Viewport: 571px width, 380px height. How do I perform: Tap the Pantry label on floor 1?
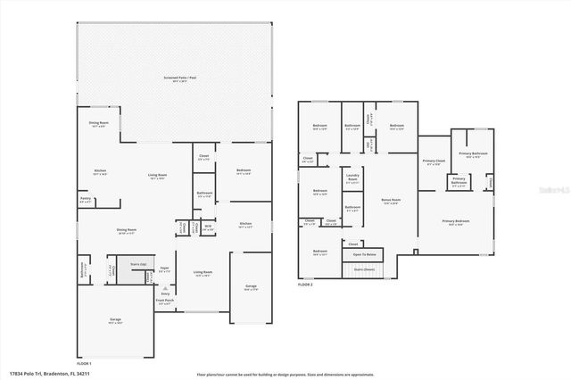coord(86,199)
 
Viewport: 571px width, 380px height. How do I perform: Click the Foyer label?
coord(164,268)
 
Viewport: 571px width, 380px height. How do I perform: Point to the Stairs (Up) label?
coord(137,265)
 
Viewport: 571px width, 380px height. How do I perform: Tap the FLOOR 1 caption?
coord(84,364)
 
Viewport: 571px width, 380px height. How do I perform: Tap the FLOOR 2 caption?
coord(305,285)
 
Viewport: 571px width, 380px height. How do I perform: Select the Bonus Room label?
coord(390,201)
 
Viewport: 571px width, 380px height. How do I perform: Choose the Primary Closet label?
coord(434,161)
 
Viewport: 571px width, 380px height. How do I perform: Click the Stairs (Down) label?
coord(364,268)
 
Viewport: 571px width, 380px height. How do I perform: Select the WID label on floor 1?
coord(206,227)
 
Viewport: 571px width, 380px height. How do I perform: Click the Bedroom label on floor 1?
coord(244,171)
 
